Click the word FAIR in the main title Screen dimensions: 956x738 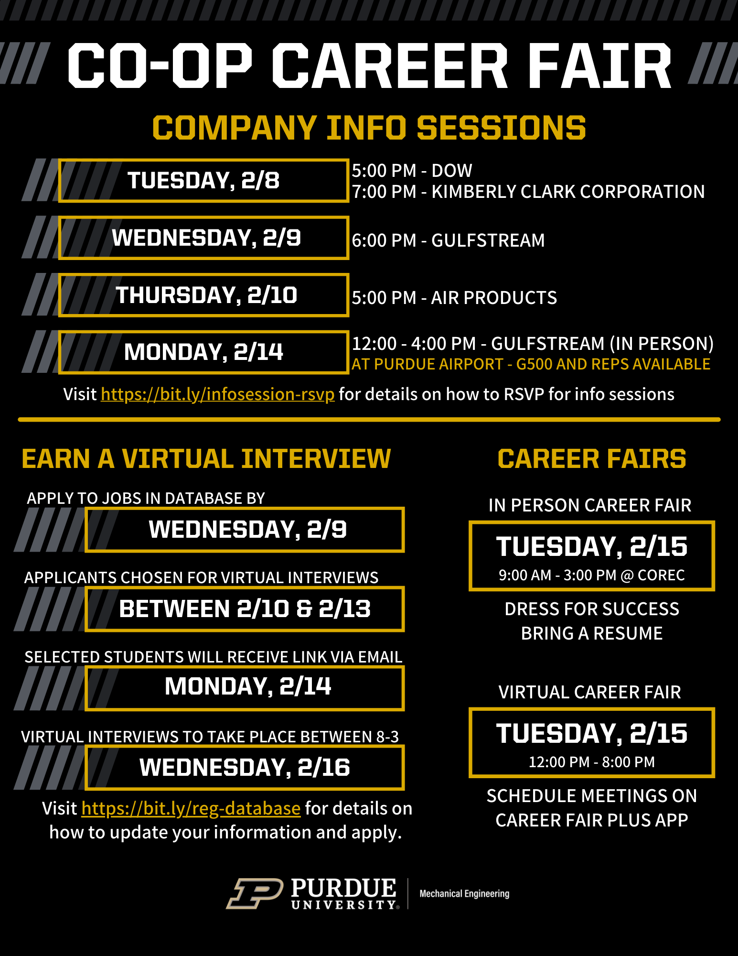pyautogui.click(x=600, y=66)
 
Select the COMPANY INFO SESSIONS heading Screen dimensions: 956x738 pyautogui.click(x=369, y=128)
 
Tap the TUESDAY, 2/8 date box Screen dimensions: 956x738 pyautogui.click(x=203, y=181)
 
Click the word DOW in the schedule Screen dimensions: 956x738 pyautogui.click(x=451, y=171)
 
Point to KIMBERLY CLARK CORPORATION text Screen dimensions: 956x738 pyautogui.click(x=568, y=192)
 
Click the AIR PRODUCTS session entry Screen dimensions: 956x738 pyautogui.click(x=494, y=298)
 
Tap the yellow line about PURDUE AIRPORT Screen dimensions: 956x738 pyautogui.click(x=531, y=364)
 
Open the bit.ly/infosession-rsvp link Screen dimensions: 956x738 pyautogui.click(x=217, y=394)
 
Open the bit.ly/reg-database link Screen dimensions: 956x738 pyautogui.click(x=191, y=808)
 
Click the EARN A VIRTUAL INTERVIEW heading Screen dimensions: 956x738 pyautogui.click(x=206, y=459)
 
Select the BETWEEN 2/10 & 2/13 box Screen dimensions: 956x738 pyautogui.click(x=245, y=609)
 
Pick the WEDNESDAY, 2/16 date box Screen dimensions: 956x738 pyautogui.click(x=245, y=768)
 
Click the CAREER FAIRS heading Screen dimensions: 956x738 pyautogui.click(x=591, y=459)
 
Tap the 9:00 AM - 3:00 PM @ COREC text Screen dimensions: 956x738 pyautogui.click(x=591, y=575)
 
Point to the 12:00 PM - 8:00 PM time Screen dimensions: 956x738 pyautogui.click(x=591, y=762)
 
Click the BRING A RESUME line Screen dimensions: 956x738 pyautogui.click(x=591, y=633)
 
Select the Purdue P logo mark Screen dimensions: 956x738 pyautogui.click(x=255, y=893)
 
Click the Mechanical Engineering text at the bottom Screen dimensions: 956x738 pyautogui.click(x=464, y=893)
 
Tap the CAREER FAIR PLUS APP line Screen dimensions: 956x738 pyautogui.click(x=591, y=820)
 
